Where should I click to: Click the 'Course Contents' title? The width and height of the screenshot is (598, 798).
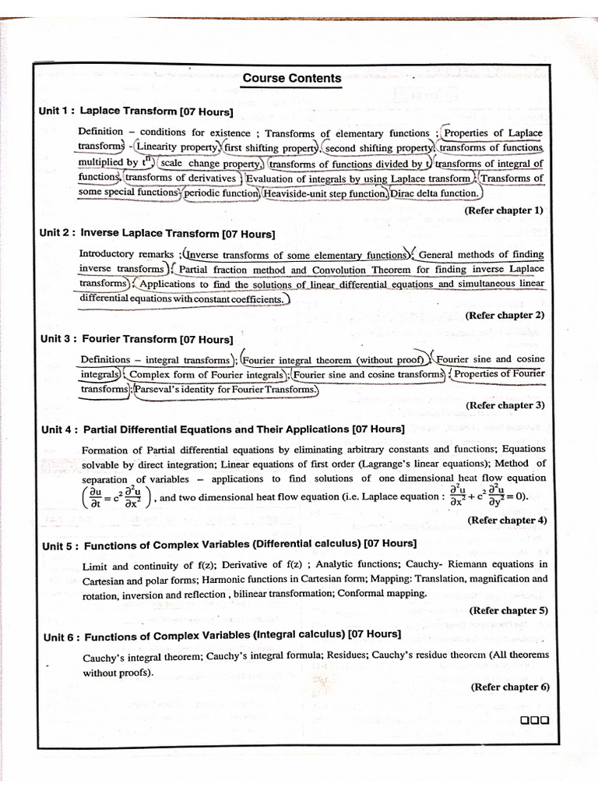(292, 78)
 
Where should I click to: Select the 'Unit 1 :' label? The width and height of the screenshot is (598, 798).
(57, 111)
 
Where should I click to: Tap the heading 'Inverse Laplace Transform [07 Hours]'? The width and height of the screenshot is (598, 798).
(178, 233)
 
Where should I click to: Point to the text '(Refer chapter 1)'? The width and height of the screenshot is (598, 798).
(504, 210)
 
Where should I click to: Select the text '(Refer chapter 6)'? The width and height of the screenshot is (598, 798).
(510, 687)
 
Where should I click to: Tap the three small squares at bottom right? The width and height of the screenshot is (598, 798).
(534, 720)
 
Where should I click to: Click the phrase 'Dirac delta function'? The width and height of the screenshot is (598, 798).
(434, 193)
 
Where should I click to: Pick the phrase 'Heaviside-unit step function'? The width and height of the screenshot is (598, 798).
(325, 193)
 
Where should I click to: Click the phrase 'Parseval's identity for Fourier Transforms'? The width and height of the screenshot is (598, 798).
(227, 389)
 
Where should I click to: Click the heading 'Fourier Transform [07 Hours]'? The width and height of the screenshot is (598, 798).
(157, 339)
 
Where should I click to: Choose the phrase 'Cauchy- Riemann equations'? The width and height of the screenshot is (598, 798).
(459, 563)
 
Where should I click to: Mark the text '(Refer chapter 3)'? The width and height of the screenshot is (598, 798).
(505, 405)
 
